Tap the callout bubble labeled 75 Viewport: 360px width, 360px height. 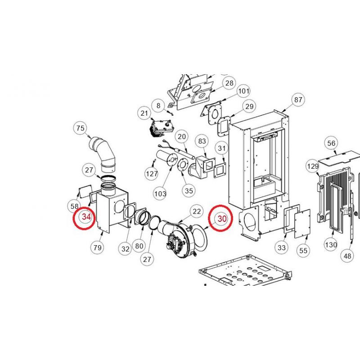81,128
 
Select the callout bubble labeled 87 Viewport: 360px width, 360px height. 298,99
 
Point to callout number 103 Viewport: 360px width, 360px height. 160,194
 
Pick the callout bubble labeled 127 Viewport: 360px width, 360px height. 152,174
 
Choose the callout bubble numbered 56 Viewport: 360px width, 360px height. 331,143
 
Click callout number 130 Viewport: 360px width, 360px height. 331,245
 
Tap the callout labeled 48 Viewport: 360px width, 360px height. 347,256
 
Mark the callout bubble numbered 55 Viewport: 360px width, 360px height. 303,250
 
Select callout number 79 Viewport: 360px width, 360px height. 97,247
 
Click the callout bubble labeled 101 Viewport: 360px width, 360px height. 243,91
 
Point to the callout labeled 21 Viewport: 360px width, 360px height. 144,113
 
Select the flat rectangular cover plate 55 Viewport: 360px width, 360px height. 302,224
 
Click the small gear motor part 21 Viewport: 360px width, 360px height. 162,129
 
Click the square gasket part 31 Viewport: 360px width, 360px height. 220,170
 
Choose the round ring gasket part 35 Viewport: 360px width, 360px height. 183,165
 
